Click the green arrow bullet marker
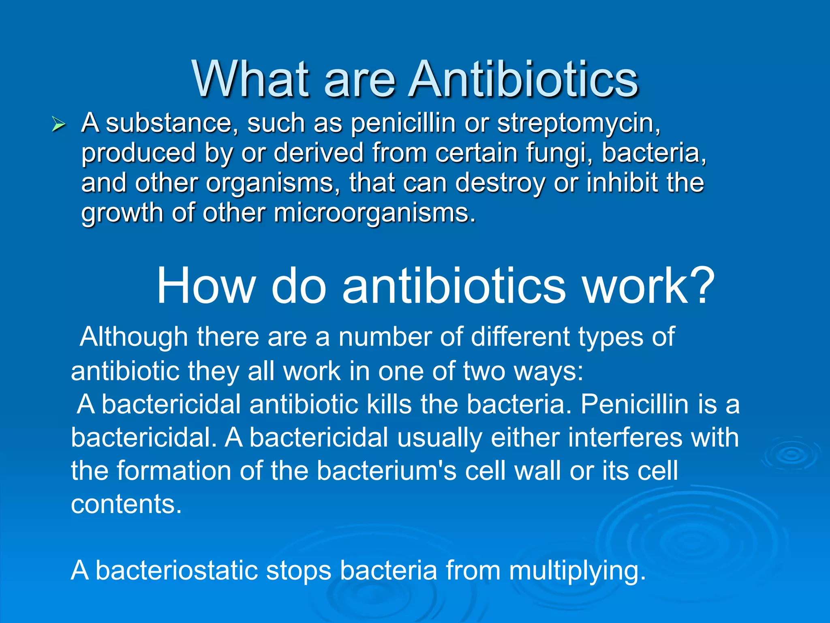(58, 125)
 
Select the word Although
(134, 337)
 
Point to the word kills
(389, 404)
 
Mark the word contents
(126, 504)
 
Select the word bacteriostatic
(177, 570)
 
